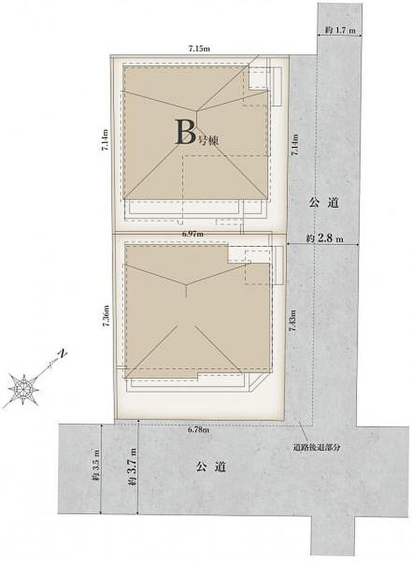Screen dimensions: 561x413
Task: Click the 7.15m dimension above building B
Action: [199, 48]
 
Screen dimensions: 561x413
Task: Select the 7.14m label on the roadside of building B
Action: [295, 145]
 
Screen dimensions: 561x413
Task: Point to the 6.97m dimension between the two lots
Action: [193, 234]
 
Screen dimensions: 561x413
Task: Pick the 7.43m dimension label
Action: [293, 327]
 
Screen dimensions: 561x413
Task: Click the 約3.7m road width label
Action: [134, 469]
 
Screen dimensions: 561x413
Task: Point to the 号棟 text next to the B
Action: [208, 141]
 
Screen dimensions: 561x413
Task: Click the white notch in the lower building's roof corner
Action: [236, 253]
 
